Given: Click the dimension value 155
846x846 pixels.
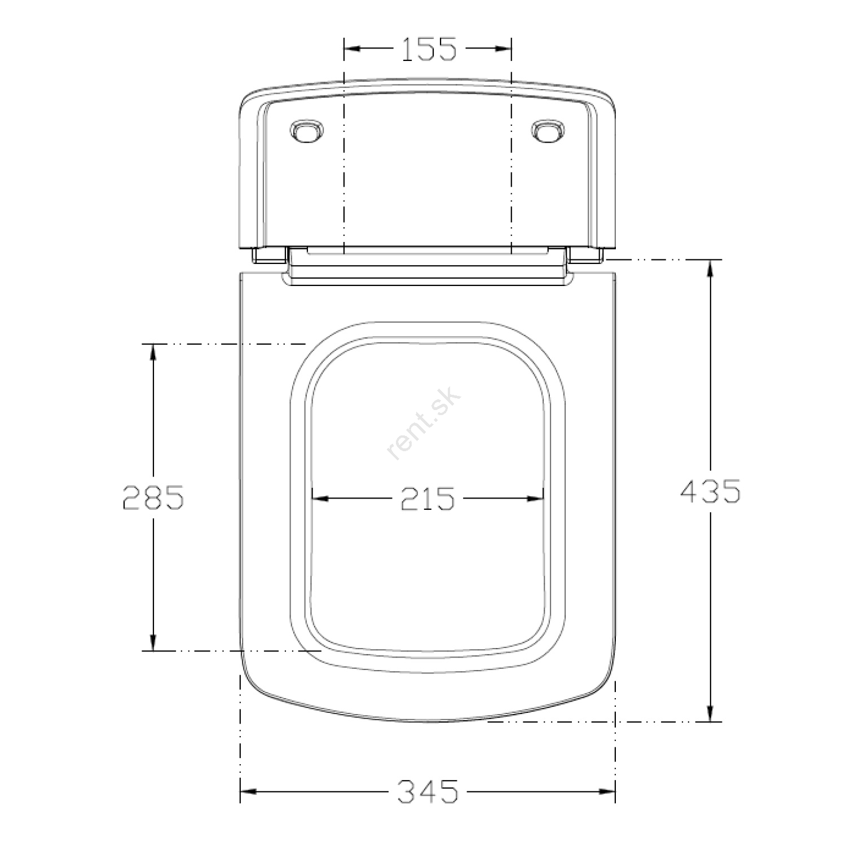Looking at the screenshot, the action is click(429, 49).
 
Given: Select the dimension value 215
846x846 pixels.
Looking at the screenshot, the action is click(427, 499).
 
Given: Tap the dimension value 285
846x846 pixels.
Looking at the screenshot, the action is click(153, 497).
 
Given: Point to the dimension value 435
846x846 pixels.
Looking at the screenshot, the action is click(710, 491).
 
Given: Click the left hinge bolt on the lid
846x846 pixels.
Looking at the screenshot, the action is click(307, 131).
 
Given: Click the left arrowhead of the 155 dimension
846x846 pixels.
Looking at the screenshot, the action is click(352, 49).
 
